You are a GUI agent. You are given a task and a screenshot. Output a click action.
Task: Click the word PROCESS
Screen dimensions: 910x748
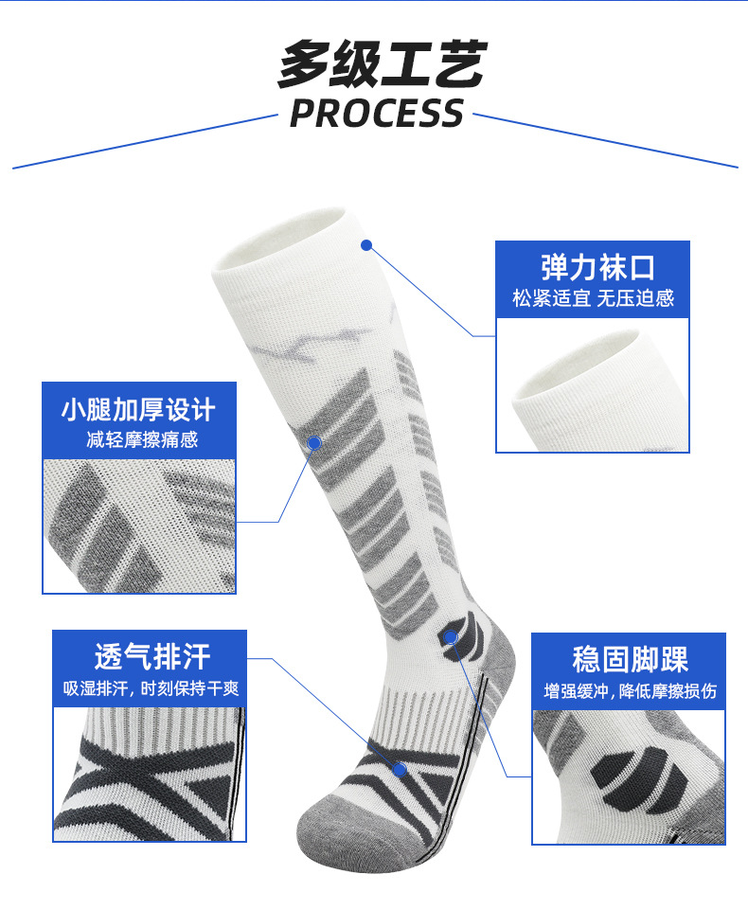click(x=377, y=114)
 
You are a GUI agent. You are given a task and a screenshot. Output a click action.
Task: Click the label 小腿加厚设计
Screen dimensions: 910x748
click(x=139, y=409)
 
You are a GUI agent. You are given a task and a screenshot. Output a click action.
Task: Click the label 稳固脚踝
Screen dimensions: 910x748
click(x=630, y=659)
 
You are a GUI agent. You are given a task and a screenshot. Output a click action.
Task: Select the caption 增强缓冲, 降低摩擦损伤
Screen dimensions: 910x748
click(x=630, y=691)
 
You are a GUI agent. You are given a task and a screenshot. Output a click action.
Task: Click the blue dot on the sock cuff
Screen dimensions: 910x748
click(x=366, y=244)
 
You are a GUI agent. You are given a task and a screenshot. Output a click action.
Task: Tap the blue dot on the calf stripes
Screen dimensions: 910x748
click(x=314, y=441)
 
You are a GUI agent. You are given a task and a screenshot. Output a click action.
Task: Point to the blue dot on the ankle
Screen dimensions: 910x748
click(x=452, y=637)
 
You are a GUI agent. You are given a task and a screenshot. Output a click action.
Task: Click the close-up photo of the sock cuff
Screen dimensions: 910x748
click(x=593, y=384)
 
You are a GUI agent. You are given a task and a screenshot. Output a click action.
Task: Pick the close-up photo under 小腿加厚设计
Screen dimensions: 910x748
click(x=139, y=526)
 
